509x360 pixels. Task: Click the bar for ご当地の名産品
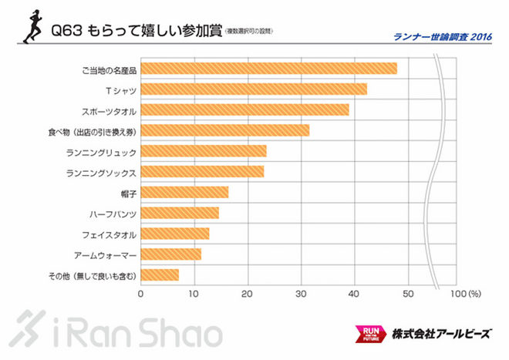268,69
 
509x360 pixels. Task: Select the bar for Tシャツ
254,89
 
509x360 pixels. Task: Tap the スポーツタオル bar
244,109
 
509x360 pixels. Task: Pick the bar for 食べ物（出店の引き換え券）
224,130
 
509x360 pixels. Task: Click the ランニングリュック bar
203,151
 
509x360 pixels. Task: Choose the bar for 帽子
184,192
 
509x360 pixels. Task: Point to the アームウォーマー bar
170,254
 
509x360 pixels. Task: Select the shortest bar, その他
160,274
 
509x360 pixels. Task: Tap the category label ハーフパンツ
113,213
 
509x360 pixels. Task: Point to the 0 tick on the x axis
141,294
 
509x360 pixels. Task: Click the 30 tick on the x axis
301,294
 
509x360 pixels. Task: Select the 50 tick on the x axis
407,294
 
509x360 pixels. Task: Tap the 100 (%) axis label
464,294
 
